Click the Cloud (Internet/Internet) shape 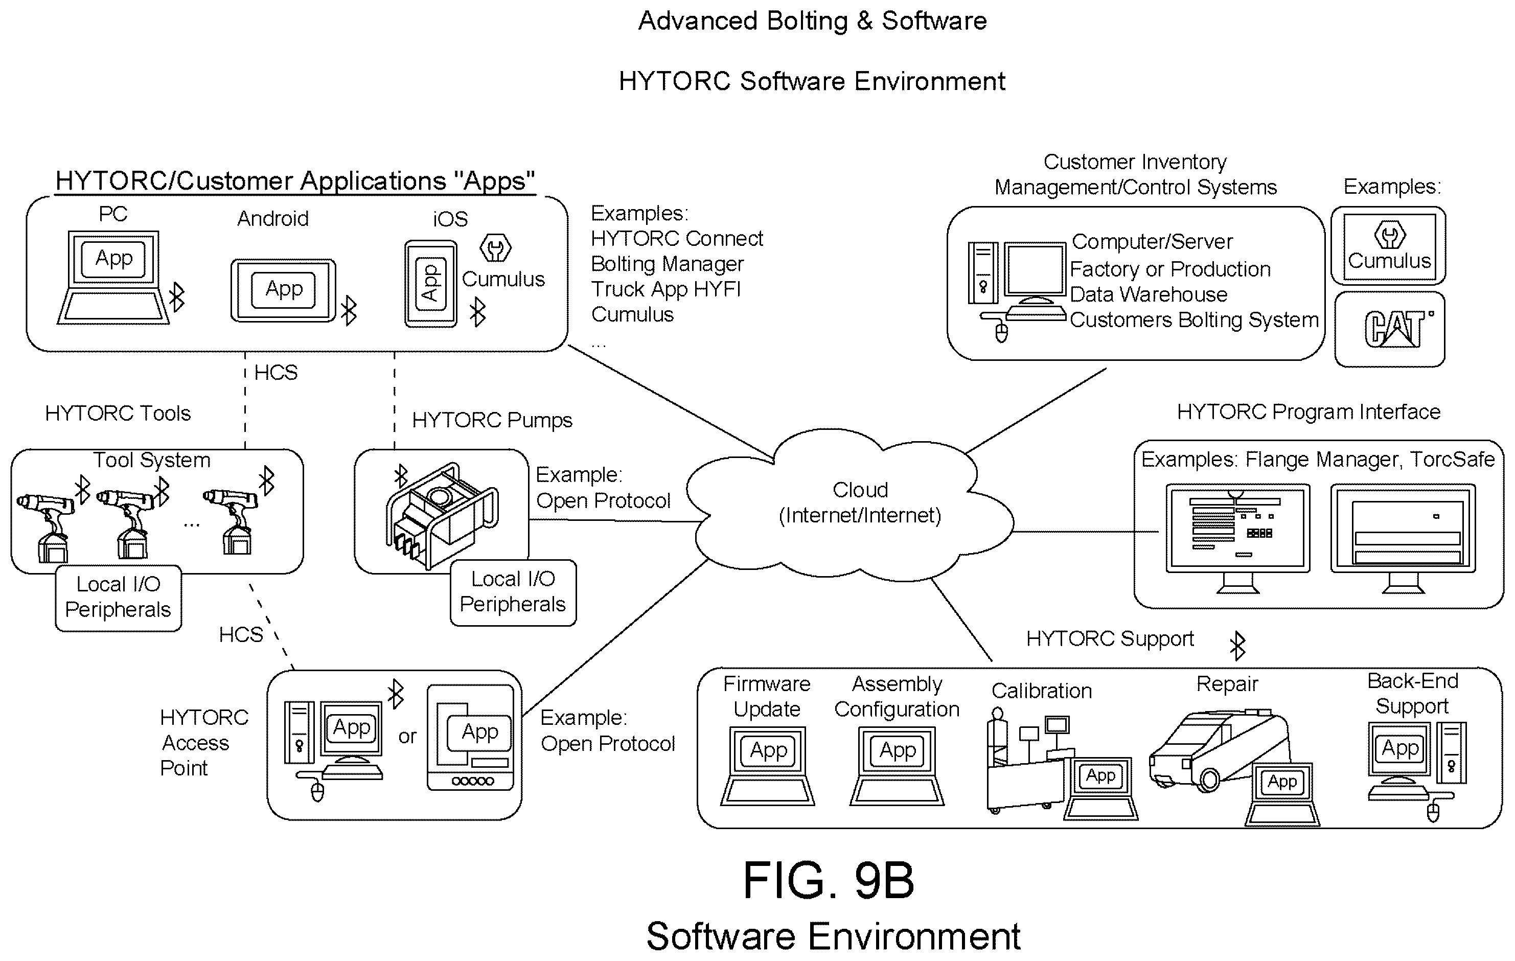pos(850,504)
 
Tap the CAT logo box pos(1390,329)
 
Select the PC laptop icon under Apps pos(113,278)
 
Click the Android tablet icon pos(283,290)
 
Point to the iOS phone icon pos(430,284)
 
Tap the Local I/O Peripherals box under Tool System pos(118,598)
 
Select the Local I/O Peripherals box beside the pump pos(513,592)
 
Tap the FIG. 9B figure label pos(829,880)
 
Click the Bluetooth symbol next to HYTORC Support pos(1237,646)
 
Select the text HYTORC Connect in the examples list pos(677,239)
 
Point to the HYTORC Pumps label pos(492,420)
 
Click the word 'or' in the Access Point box pos(407,736)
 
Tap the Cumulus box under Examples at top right pos(1389,246)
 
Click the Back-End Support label pos(1412,693)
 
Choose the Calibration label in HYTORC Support pos(1041,691)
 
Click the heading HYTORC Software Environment pos(812,81)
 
